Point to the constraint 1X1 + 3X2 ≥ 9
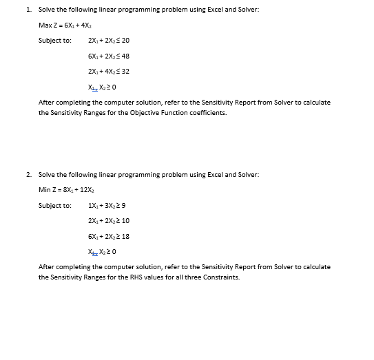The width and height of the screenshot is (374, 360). pos(107,205)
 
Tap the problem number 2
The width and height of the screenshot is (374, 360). pos(27,175)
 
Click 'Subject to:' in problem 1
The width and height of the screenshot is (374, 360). pos(54,41)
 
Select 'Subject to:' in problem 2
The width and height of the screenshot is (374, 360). pos(54,205)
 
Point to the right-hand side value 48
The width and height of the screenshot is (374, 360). pos(125,56)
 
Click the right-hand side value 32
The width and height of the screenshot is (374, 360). pos(125,72)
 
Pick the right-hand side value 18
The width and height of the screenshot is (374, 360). pos(125,236)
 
